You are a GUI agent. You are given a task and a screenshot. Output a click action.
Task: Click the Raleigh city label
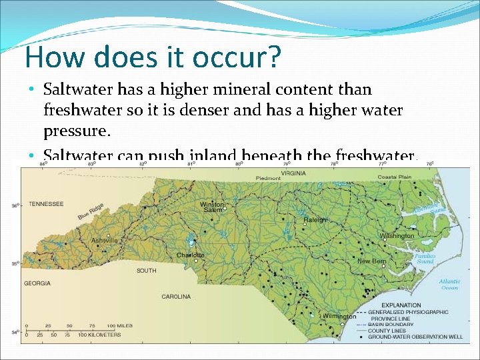pos(315,220)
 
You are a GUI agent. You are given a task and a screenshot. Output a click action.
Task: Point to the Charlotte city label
pos(191,255)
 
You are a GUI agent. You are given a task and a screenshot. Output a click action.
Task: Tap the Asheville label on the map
pos(105,240)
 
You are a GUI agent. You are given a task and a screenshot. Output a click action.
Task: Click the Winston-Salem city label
pos(212,207)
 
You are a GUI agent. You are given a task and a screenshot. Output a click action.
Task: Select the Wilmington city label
pos(340,317)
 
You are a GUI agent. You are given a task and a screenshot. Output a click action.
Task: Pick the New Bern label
pos(372,261)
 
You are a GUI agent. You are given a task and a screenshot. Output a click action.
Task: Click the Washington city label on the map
pos(397,235)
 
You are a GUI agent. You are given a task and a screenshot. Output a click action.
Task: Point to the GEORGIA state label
pos(37,283)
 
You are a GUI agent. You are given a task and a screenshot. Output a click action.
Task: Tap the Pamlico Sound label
pos(425,259)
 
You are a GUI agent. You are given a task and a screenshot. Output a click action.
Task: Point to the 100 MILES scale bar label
pos(121,325)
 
